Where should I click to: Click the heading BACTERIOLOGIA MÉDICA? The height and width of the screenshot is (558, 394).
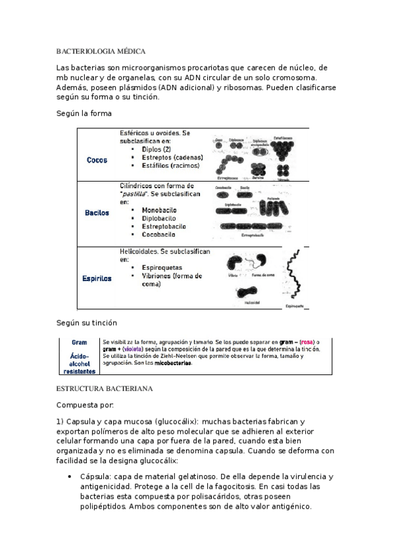pyautogui.click(x=101, y=51)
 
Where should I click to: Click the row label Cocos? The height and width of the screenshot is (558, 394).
pyautogui.click(x=97, y=160)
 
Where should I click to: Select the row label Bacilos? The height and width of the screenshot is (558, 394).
pyautogui.click(x=97, y=213)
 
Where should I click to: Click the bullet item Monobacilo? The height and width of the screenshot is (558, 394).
pyautogui.click(x=161, y=210)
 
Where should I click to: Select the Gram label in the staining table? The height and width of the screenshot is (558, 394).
pyautogui.click(x=79, y=343)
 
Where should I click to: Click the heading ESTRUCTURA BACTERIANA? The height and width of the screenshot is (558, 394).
pyautogui.click(x=105, y=388)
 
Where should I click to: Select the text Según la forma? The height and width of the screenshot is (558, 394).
pyautogui.click(x=84, y=113)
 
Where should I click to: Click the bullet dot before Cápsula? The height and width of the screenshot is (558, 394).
pyautogui.click(x=69, y=476)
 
